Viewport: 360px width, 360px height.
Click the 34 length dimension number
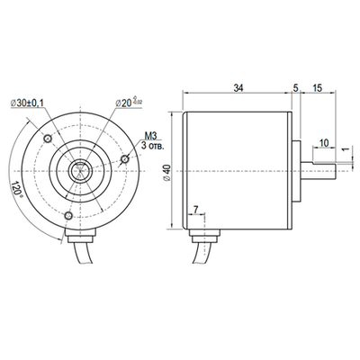point(238,87)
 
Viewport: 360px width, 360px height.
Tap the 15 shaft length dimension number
point(318,87)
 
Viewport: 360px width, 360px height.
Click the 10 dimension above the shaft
point(323,141)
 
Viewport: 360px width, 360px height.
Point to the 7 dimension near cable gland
point(196,211)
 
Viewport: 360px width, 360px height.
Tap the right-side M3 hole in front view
point(125,158)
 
